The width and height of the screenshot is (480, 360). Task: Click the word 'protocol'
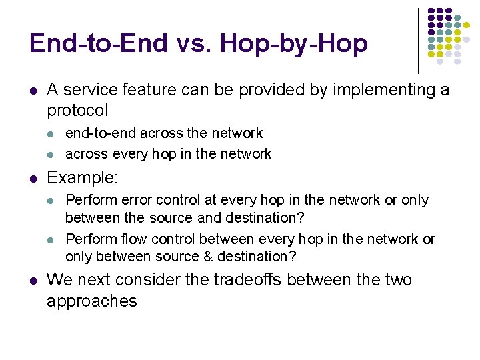77,110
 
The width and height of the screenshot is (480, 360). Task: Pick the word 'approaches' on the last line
91,301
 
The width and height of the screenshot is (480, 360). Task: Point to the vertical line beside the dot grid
418,40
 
